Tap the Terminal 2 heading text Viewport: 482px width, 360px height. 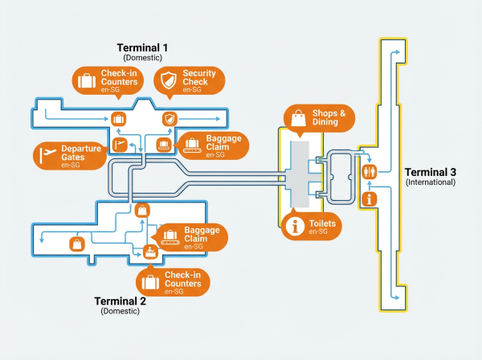tap(120, 301)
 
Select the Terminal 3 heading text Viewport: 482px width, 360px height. tap(430, 173)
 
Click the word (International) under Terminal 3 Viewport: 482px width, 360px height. tap(430, 182)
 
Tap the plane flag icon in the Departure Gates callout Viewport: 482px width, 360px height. tap(47, 152)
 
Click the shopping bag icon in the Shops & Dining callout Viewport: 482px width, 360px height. tap(298, 118)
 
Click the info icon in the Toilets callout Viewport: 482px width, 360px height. tap(295, 227)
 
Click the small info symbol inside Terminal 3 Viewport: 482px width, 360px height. tap(370, 198)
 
